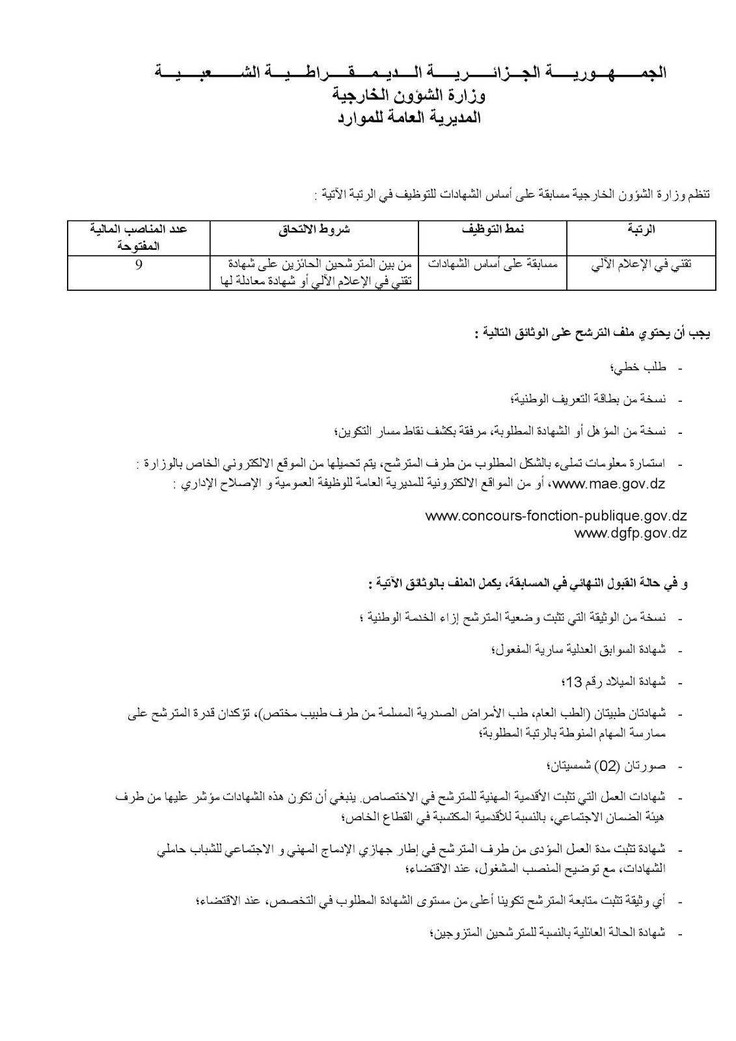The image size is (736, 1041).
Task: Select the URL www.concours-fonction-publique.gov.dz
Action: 556,516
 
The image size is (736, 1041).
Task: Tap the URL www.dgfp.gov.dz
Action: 631,533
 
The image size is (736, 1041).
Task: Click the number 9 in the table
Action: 139,265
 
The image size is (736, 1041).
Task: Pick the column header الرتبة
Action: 641,229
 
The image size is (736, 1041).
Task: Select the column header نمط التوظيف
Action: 493,229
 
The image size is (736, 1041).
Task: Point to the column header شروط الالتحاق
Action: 314,229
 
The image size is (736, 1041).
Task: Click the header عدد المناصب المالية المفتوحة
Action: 139,237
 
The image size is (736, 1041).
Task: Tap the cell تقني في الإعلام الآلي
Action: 641,265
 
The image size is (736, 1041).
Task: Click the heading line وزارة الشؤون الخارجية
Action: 409,94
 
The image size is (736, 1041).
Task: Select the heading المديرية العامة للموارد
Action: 409,117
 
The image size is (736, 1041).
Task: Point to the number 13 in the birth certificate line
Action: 575,682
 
